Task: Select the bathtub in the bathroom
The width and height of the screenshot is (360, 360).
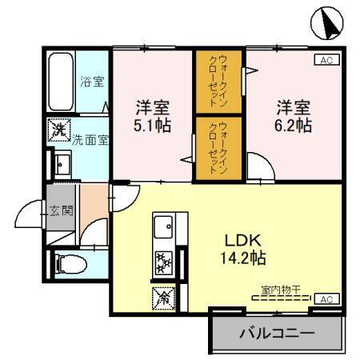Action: point(61,83)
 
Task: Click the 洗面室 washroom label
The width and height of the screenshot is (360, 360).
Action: point(91,138)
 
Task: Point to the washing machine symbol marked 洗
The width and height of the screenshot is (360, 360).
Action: point(58,129)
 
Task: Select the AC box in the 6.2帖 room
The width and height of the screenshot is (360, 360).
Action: point(326,60)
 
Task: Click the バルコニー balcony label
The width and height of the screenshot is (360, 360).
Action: point(276,332)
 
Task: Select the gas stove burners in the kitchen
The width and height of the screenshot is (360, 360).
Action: point(165,262)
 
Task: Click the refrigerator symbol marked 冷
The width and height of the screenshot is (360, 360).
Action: point(162,298)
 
